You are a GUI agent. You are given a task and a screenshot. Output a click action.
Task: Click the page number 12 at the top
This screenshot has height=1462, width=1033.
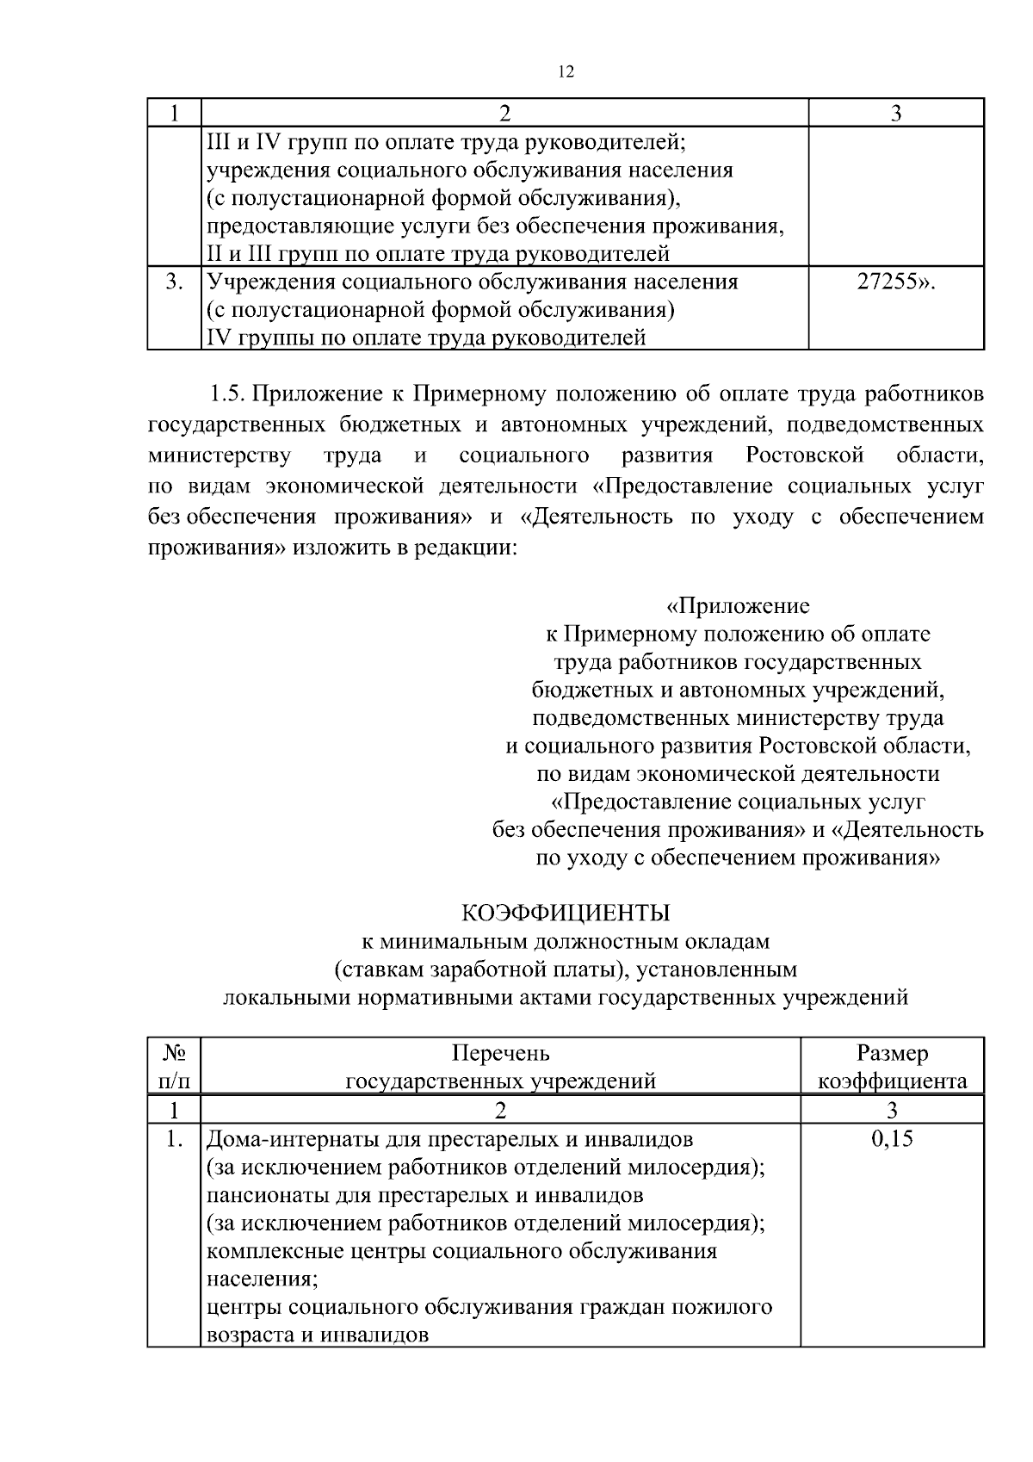pyautogui.click(x=566, y=72)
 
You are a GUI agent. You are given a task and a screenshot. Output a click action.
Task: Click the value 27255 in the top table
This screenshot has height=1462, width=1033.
pyautogui.click(x=894, y=282)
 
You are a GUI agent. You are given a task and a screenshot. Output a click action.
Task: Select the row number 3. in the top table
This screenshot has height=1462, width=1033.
pyautogui.click(x=175, y=282)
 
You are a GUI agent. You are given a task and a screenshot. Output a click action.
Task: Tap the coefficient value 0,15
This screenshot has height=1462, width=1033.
pyautogui.click(x=892, y=1139)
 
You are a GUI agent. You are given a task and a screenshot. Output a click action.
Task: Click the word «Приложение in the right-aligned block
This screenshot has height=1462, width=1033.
pyautogui.click(x=738, y=606)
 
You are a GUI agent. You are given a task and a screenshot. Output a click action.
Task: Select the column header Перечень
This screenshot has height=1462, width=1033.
pyautogui.click(x=500, y=1053)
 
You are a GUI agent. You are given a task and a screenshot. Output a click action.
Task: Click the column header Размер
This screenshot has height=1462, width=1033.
pyautogui.click(x=892, y=1053)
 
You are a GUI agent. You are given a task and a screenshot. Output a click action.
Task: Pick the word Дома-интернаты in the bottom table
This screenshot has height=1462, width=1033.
pyautogui.click(x=280, y=1139)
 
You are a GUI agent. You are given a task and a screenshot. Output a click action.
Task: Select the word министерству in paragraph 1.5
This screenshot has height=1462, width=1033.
pyautogui.click(x=220, y=455)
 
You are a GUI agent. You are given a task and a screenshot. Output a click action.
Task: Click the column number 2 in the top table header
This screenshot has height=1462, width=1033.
pyautogui.click(x=504, y=114)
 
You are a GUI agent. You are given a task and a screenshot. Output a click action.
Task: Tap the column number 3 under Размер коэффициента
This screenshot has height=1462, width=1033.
pyautogui.click(x=892, y=1110)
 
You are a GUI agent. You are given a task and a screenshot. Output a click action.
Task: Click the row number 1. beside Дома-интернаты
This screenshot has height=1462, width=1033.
pyautogui.click(x=175, y=1139)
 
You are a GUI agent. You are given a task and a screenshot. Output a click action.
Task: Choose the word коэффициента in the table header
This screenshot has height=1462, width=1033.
pyautogui.click(x=892, y=1081)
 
